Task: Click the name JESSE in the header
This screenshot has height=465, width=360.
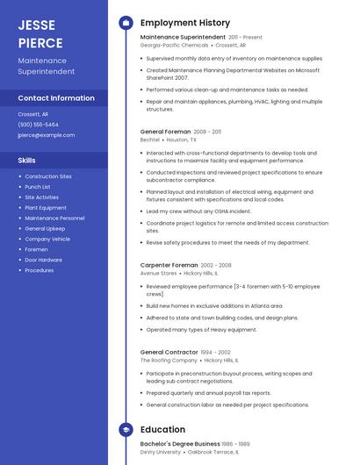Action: point(36,25)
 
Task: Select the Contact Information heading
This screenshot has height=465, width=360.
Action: point(56,98)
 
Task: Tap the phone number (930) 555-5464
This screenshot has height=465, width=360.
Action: point(39,125)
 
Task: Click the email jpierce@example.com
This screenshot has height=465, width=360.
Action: point(47,135)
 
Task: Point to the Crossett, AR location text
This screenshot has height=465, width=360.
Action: point(33,114)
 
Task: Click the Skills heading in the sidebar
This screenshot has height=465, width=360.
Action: point(27,161)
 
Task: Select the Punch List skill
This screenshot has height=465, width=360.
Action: point(38,187)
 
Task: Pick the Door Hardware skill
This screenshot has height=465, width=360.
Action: point(44,260)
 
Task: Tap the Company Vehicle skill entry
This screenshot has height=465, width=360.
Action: point(47,239)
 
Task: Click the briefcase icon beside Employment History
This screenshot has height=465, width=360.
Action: point(126,23)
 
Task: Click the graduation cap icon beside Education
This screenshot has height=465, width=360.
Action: point(126,430)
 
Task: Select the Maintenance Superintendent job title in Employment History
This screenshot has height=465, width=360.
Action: point(183,38)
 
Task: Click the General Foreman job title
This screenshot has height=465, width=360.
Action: point(165,132)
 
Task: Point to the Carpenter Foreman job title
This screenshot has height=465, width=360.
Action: point(169,265)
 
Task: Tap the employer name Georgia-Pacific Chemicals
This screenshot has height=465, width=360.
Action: point(175,46)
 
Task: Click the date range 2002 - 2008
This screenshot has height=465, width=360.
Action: point(216,265)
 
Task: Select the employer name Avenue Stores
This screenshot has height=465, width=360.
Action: point(159,273)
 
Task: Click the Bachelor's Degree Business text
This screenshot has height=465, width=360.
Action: point(180,444)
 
